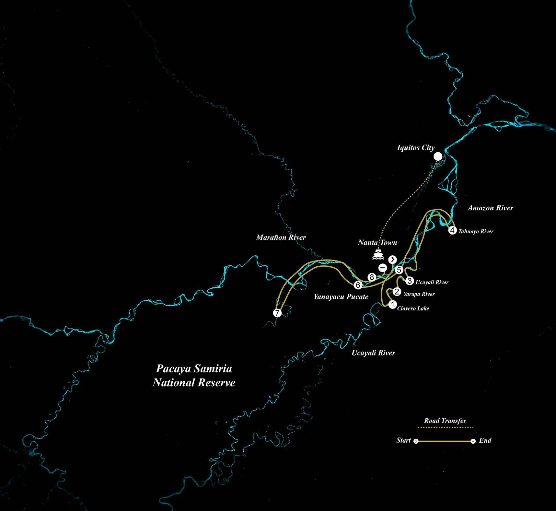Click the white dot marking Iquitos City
pos(438,157)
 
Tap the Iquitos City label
pos(416,148)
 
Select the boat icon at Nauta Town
pos(378,254)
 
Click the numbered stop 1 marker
pos(392,305)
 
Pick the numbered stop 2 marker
pos(397,292)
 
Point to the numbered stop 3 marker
pos(410,281)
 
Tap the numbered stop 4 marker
pos(452,230)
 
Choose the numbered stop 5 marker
pos(399,270)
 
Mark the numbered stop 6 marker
pos(358,285)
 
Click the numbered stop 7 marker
pos(277,313)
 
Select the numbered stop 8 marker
pos(372,277)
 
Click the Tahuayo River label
pos(476,231)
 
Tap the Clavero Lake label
pos(413,308)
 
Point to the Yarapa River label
pos(419,294)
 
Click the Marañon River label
pos(281,238)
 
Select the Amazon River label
pos(490,208)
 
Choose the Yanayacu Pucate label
pos(341,297)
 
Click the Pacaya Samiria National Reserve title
pos(194,376)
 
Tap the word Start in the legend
pos(403,440)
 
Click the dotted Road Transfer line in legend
pos(445,427)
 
